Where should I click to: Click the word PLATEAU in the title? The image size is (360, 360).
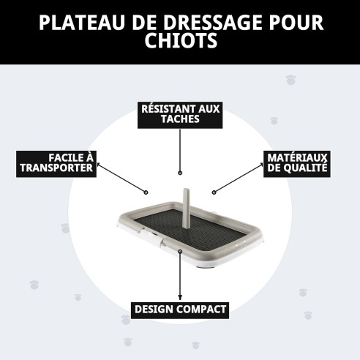(74, 22)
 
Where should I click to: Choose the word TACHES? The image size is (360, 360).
(179, 120)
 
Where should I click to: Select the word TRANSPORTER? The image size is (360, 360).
(56, 168)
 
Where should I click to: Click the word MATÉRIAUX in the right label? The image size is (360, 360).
(296, 157)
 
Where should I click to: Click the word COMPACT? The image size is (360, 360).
(200, 310)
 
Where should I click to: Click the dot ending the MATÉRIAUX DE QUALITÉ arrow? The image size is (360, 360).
(213, 192)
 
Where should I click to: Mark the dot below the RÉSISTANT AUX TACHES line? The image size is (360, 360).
(179, 174)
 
